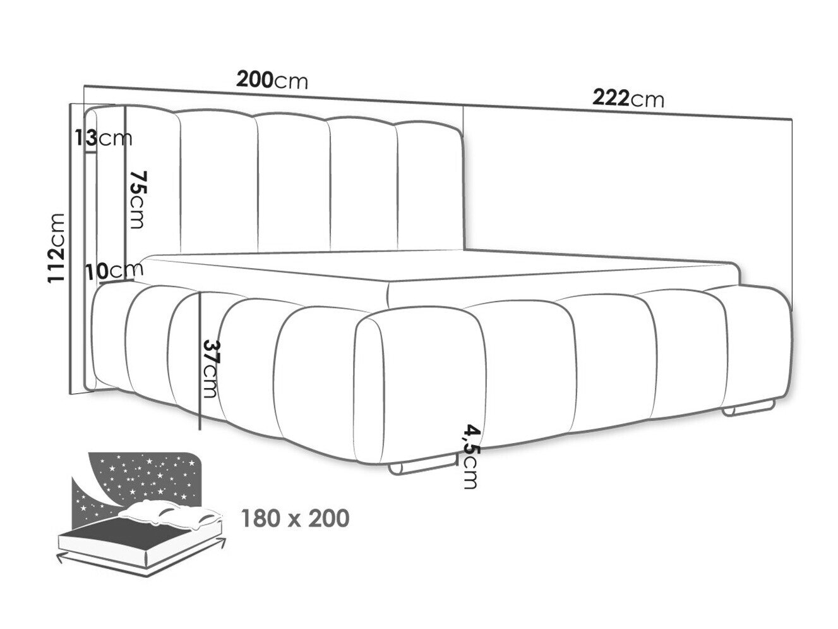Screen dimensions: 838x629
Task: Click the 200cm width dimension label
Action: (x=272, y=80)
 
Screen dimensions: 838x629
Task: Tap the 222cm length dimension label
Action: (x=628, y=99)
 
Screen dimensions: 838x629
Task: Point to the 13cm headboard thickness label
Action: (x=104, y=138)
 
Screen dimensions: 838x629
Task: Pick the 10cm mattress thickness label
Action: (x=114, y=271)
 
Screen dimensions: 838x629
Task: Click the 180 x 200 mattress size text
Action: (x=295, y=518)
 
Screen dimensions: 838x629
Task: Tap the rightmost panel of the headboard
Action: (x=430, y=186)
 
